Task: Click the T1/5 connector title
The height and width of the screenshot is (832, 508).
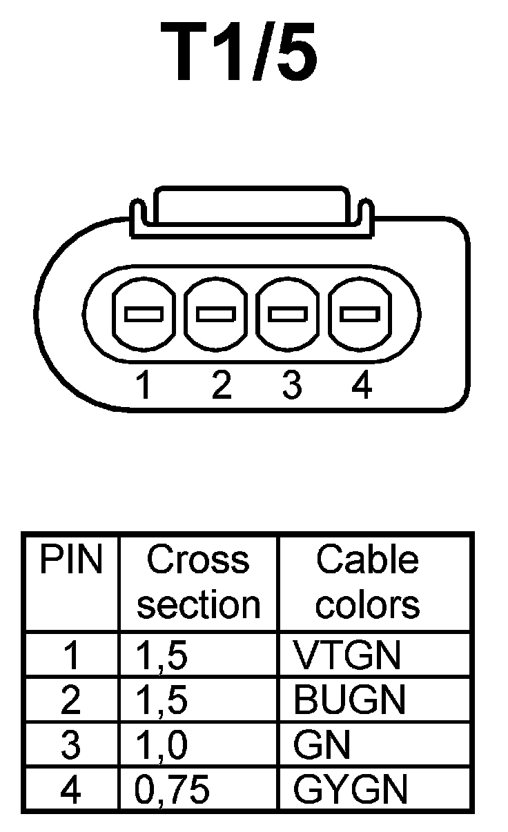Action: coord(240,53)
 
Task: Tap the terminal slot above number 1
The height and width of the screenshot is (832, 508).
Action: coord(144,315)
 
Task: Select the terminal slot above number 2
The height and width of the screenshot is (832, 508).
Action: coord(216,315)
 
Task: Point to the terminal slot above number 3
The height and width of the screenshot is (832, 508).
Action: coord(288,315)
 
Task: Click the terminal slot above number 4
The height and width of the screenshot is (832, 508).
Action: coord(360,315)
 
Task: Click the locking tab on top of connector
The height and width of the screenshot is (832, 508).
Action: coord(249,207)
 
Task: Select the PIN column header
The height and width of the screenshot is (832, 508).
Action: coord(70,561)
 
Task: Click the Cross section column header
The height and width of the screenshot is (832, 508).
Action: coord(198,582)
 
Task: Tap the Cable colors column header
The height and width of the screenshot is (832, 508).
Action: coord(367,582)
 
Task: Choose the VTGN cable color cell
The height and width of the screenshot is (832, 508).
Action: coord(346,655)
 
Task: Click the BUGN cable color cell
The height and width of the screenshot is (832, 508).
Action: coord(349,700)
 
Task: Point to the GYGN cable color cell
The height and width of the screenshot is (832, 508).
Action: coord(351,790)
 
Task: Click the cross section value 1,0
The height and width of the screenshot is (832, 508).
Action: coord(162,746)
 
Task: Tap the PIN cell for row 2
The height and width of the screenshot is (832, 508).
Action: coord(70,700)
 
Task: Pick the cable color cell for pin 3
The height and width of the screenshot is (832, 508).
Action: coord(322,745)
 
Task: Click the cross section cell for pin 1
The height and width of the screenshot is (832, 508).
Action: coord(162,656)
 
